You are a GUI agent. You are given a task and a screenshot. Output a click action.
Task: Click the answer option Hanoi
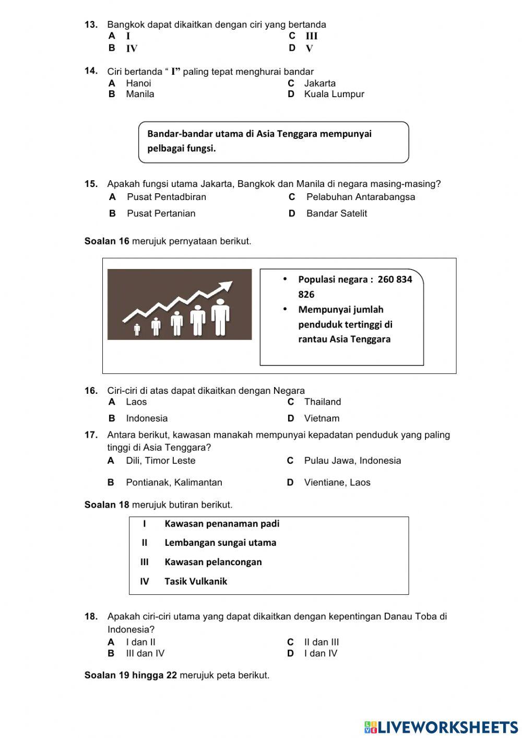[x=138, y=83]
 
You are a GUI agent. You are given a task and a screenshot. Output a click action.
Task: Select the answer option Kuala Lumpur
[x=334, y=94]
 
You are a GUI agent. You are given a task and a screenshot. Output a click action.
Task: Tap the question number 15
[x=91, y=184]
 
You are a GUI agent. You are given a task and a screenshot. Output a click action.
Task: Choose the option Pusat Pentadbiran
[x=166, y=197]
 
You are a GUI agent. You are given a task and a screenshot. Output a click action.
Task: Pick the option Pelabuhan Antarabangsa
[x=360, y=197]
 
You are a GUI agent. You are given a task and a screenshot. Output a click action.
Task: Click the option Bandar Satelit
[x=336, y=213]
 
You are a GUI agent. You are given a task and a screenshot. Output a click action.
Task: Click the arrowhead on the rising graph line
[x=227, y=286]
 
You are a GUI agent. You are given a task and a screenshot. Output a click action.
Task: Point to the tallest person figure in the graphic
[x=220, y=317]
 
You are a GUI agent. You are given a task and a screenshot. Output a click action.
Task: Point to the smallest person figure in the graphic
[x=137, y=330]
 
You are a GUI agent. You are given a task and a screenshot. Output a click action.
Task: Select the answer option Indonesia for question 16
[x=147, y=418]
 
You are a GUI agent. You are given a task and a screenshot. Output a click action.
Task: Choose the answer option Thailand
[x=322, y=402]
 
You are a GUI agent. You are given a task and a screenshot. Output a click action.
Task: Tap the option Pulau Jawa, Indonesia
[x=352, y=461]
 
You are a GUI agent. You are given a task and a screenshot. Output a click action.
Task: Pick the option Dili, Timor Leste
[x=160, y=461]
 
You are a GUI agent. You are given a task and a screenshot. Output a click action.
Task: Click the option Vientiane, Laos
[x=337, y=483]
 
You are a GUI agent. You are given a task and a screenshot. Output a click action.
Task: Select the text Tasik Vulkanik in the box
[x=196, y=581]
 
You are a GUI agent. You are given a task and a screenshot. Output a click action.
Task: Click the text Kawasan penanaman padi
[x=222, y=524]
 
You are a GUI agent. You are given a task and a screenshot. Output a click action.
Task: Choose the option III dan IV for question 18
[x=145, y=653]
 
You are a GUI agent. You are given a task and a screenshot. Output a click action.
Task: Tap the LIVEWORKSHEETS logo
[x=441, y=727]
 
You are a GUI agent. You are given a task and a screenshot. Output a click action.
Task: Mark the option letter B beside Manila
[x=112, y=94]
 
